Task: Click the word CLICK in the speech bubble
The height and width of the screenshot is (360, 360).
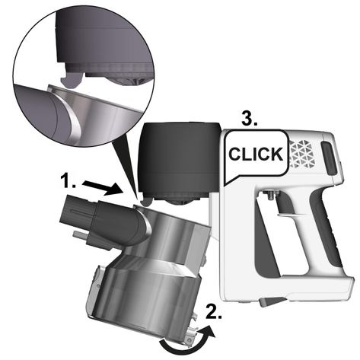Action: [256, 154]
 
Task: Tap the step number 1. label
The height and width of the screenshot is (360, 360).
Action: [68, 181]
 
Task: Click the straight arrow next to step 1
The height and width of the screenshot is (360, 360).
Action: [103, 189]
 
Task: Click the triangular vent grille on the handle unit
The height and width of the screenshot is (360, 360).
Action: [302, 154]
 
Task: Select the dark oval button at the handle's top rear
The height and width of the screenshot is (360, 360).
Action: [329, 158]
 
